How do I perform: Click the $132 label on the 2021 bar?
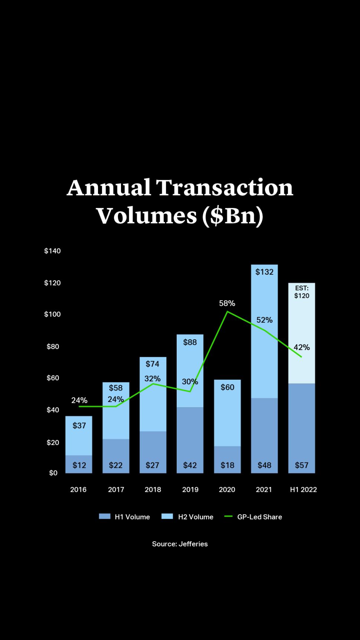[264, 272]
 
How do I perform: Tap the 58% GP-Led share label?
[227, 303]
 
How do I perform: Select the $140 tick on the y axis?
[52, 251]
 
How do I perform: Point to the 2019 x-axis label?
[190, 489]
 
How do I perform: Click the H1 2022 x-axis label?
[303, 489]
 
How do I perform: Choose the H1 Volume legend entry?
[125, 517]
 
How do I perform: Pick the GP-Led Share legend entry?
[253, 517]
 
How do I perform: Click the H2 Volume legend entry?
[187, 517]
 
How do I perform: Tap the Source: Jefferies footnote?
[180, 544]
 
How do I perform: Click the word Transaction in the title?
[225, 187]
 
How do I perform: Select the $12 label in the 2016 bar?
[79, 465]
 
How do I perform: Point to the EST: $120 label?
[302, 292]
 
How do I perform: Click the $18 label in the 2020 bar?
[227, 465]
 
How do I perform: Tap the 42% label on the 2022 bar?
[301, 347]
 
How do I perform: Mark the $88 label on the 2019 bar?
[190, 342]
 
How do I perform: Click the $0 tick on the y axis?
[53, 473]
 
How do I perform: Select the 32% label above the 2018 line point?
[152, 379]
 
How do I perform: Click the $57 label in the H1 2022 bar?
[301, 465]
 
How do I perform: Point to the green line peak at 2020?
[227, 311]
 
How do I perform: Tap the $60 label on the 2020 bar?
[227, 387]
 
